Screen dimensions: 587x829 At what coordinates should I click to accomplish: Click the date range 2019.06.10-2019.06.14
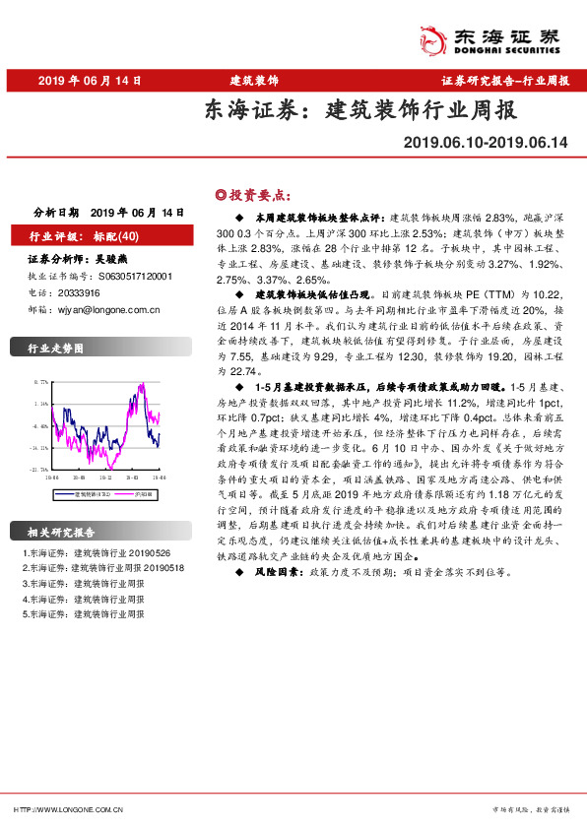(x=486, y=143)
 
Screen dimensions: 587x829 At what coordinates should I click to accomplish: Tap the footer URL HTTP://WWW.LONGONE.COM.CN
(x=68, y=809)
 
